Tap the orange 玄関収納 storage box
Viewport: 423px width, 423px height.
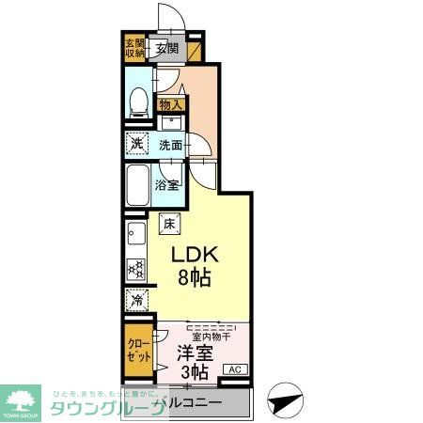133,49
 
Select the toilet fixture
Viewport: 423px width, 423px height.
137,101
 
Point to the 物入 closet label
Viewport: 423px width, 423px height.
170,105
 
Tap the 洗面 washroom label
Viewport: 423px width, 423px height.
171,145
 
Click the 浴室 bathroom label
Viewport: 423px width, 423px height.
167,185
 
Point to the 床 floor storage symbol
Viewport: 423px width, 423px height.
168,224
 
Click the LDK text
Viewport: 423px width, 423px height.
195,254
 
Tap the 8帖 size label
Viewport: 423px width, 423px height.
195,276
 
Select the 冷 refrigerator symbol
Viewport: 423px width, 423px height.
137,302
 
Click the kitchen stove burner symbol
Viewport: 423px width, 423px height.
136,269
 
